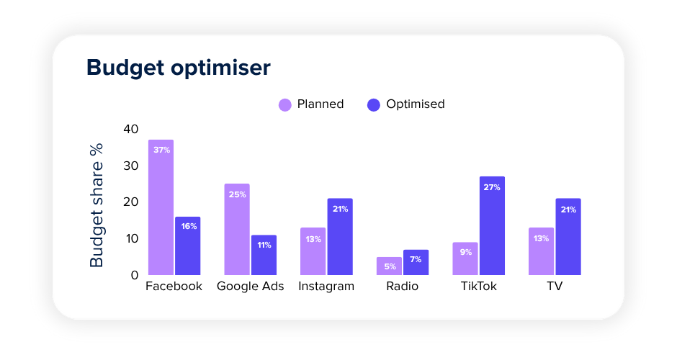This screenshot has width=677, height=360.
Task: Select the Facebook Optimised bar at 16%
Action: point(188,246)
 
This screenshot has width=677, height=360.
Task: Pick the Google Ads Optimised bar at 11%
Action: point(264,255)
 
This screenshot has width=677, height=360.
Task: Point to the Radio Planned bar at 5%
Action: point(389,266)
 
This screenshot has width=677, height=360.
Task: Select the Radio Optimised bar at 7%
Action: point(416,262)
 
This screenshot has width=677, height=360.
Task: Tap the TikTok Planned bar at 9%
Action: point(465,258)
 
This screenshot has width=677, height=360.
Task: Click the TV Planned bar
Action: point(541,251)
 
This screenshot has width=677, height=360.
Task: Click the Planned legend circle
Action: point(285,104)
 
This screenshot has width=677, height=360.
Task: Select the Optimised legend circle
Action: point(374,104)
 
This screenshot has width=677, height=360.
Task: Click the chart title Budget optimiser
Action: point(179,68)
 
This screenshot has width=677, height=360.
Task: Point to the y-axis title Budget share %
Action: point(97,205)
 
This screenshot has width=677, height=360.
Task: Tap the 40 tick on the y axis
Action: point(130,130)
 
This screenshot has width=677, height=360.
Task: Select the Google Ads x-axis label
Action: point(251,287)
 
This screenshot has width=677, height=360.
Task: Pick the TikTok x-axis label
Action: point(479,287)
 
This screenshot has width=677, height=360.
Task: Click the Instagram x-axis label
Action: point(326,287)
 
